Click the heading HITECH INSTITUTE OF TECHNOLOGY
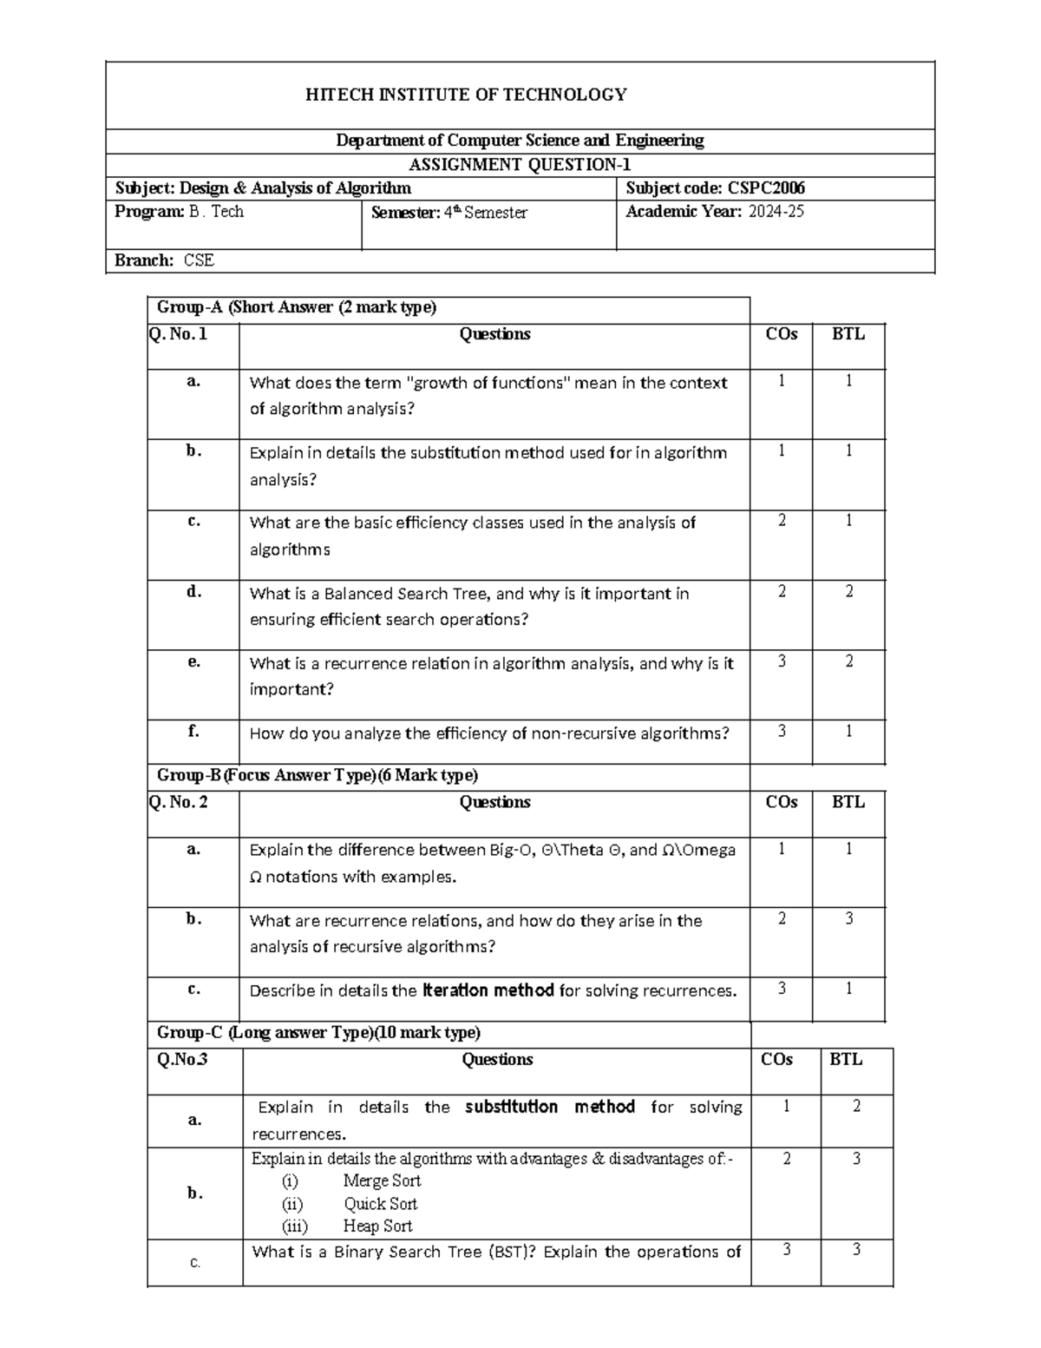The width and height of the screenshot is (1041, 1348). [x=466, y=95]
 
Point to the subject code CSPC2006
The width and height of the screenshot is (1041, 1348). [x=766, y=188]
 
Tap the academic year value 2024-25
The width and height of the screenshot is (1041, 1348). [x=776, y=212]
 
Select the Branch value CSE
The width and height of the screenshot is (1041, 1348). [x=199, y=260]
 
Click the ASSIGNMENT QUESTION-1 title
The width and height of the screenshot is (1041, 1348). [x=520, y=165]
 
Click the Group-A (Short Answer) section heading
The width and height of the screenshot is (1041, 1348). [x=297, y=307]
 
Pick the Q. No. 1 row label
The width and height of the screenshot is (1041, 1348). [x=179, y=334]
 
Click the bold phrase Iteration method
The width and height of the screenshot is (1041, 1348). [x=488, y=990]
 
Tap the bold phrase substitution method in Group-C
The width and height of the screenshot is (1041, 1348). [x=550, y=1107]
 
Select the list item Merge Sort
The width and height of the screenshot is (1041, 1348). [x=382, y=1180]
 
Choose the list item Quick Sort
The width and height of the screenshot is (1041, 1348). [x=380, y=1204]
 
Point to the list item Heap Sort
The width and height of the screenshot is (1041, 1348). [x=377, y=1226]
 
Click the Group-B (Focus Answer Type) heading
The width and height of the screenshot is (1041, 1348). [x=318, y=775]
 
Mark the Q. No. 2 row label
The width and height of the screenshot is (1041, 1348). [x=179, y=803]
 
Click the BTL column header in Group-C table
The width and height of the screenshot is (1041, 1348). [x=846, y=1059]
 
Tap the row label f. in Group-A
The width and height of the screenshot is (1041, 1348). [x=193, y=732]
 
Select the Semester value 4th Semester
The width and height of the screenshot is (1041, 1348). [x=486, y=213]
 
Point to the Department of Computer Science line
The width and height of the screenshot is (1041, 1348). [x=520, y=141]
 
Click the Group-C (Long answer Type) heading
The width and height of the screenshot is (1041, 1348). [x=318, y=1033]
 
